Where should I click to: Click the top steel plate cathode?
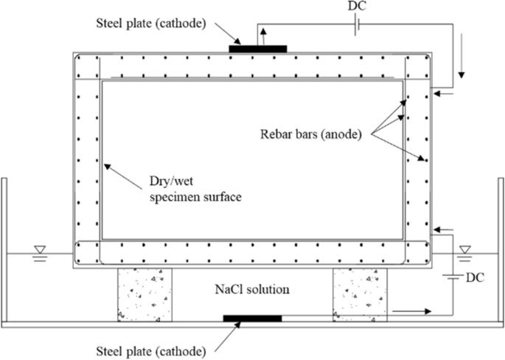click(x=257, y=49)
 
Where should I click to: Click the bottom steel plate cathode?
click(x=252, y=318)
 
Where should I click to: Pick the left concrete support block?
click(x=144, y=295)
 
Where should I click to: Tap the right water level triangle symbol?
click(x=464, y=251)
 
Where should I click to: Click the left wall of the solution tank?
click(x=5, y=251)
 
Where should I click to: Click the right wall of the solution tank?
click(x=500, y=251)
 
